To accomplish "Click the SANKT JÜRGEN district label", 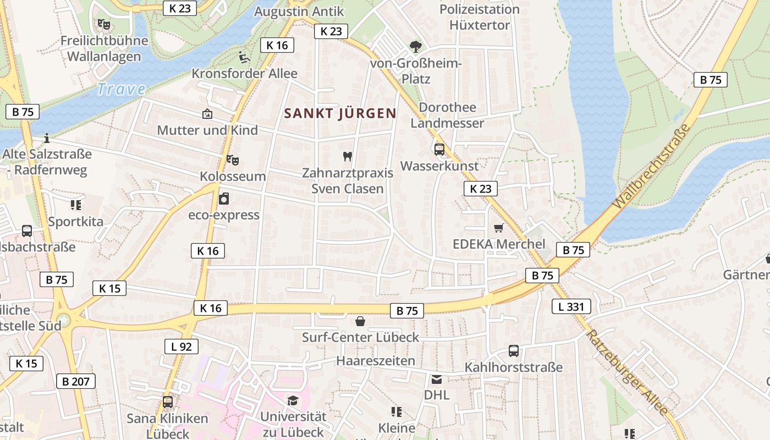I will [340, 114].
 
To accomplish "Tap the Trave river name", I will [121, 89].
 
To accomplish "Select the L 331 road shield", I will [571, 306].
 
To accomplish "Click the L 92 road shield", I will [181, 346].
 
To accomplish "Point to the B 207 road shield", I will [76, 381].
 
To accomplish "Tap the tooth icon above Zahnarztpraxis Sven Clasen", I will [347, 156].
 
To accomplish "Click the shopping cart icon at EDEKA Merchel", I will [499, 228].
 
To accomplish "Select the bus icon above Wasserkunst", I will [439, 149].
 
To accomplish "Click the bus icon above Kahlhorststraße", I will [513, 350].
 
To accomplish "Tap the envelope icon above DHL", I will [437, 379].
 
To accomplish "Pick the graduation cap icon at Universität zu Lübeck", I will [293, 401].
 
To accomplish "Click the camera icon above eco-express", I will [223, 199].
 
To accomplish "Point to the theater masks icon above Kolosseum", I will [233, 160].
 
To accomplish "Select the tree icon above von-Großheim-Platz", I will [416, 47].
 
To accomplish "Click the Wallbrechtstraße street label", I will [652, 166].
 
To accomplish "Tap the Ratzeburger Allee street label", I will [627, 372].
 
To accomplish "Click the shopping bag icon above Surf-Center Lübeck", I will [360, 321].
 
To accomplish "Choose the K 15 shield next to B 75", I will [109, 288].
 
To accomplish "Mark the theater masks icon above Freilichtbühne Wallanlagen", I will [103, 24].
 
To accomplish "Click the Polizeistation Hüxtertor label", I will [480, 17].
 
